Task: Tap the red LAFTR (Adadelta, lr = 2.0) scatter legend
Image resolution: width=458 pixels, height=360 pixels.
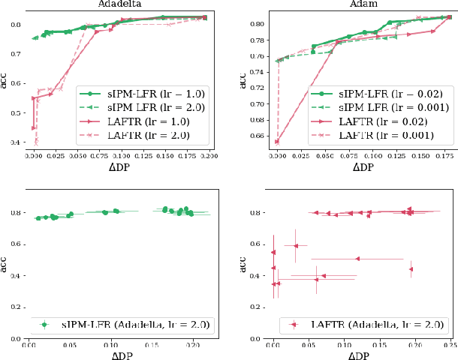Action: [362, 325]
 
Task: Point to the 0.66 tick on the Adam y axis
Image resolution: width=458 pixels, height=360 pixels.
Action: [260, 136]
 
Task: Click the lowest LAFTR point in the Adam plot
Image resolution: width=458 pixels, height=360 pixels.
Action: [278, 141]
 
